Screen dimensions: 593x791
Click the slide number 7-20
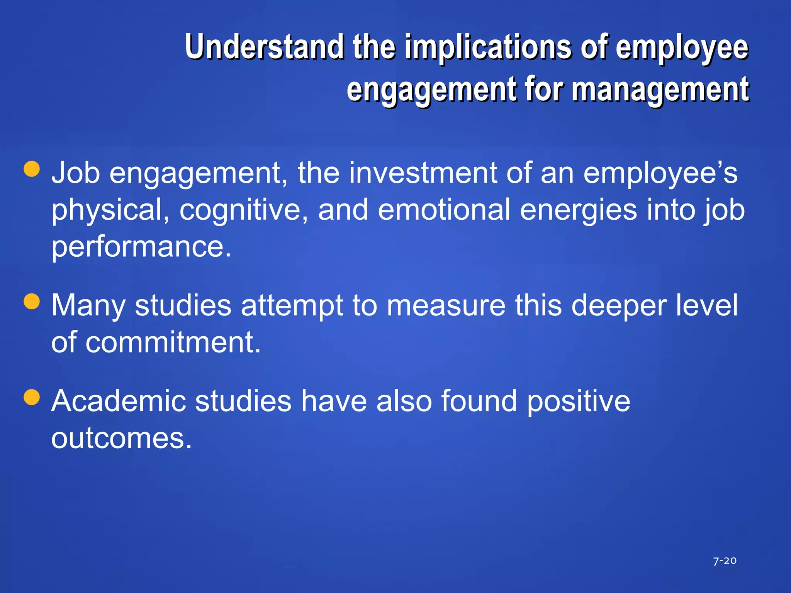click(x=725, y=561)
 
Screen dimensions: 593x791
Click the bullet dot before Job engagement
click(x=32, y=169)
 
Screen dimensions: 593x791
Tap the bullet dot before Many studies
click(x=32, y=302)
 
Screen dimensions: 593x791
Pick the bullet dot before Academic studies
click(x=32, y=397)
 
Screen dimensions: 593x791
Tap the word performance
click(x=141, y=247)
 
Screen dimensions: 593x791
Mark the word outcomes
click(x=121, y=438)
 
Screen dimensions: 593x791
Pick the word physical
click(x=110, y=210)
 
